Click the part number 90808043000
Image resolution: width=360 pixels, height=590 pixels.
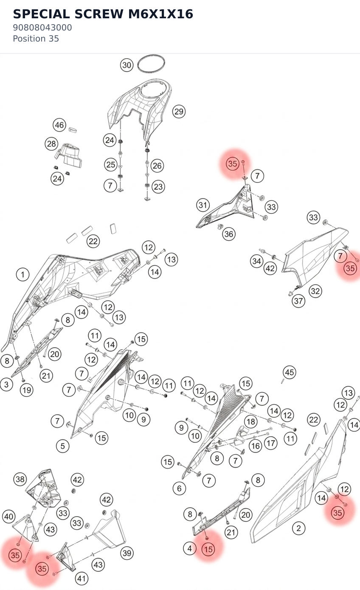click(x=42, y=28)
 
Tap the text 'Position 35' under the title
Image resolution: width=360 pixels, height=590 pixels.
click(x=36, y=39)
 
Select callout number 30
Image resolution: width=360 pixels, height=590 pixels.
click(x=127, y=65)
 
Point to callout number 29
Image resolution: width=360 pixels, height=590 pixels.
click(x=179, y=111)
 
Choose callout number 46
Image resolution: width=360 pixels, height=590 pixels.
click(x=59, y=125)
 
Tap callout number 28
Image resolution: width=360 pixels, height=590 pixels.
click(x=51, y=144)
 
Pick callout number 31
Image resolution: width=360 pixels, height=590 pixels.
click(x=203, y=205)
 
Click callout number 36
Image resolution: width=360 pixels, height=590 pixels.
click(x=228, y=234)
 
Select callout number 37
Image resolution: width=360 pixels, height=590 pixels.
click(x=298, y=301)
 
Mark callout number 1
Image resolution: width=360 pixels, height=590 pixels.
click(x=22, y=275)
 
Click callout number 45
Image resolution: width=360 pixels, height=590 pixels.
click(x=290, y=372)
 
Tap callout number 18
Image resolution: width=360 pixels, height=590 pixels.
click(x=251, y=421)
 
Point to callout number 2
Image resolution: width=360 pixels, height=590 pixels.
click(x=298, y=528)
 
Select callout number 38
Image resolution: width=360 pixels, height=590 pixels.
click(x=20, y=479)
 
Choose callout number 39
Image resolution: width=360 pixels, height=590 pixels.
click(x=127, y=553)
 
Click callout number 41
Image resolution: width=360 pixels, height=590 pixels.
click(x=82, y=579)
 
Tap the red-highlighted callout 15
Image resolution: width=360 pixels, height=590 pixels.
click(x=208, y=549)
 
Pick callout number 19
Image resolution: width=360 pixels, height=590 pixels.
click(x=27, y=390)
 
